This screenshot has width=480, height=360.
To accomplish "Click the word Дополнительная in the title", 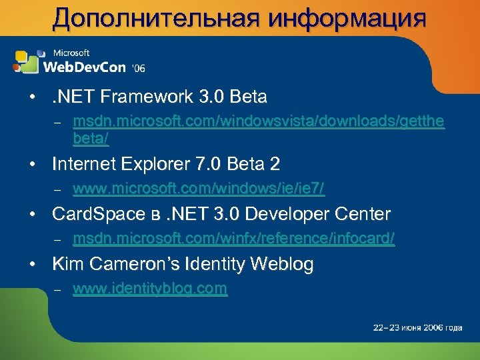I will pyautogui.click(x=153, y=18).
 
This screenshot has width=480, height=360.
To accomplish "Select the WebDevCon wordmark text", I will pyautogui.click(x=85, y=67).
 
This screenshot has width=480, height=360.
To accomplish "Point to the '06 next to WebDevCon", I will pyautogui.click(x=139, y=68).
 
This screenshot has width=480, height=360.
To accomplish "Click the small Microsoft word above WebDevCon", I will pyautogui.click(x=71, y=53).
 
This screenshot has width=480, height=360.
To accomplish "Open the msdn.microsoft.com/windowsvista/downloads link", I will pyautogui.click(x=259, y=122).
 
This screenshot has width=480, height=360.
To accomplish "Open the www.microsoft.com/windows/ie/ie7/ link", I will pyautogui.click(x=199, y=189).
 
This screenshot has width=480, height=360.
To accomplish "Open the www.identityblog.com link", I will pyautogui.click(x=150, y=289).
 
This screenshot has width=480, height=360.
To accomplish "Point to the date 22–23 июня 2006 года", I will pyautogui.click(x=417, y=328).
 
